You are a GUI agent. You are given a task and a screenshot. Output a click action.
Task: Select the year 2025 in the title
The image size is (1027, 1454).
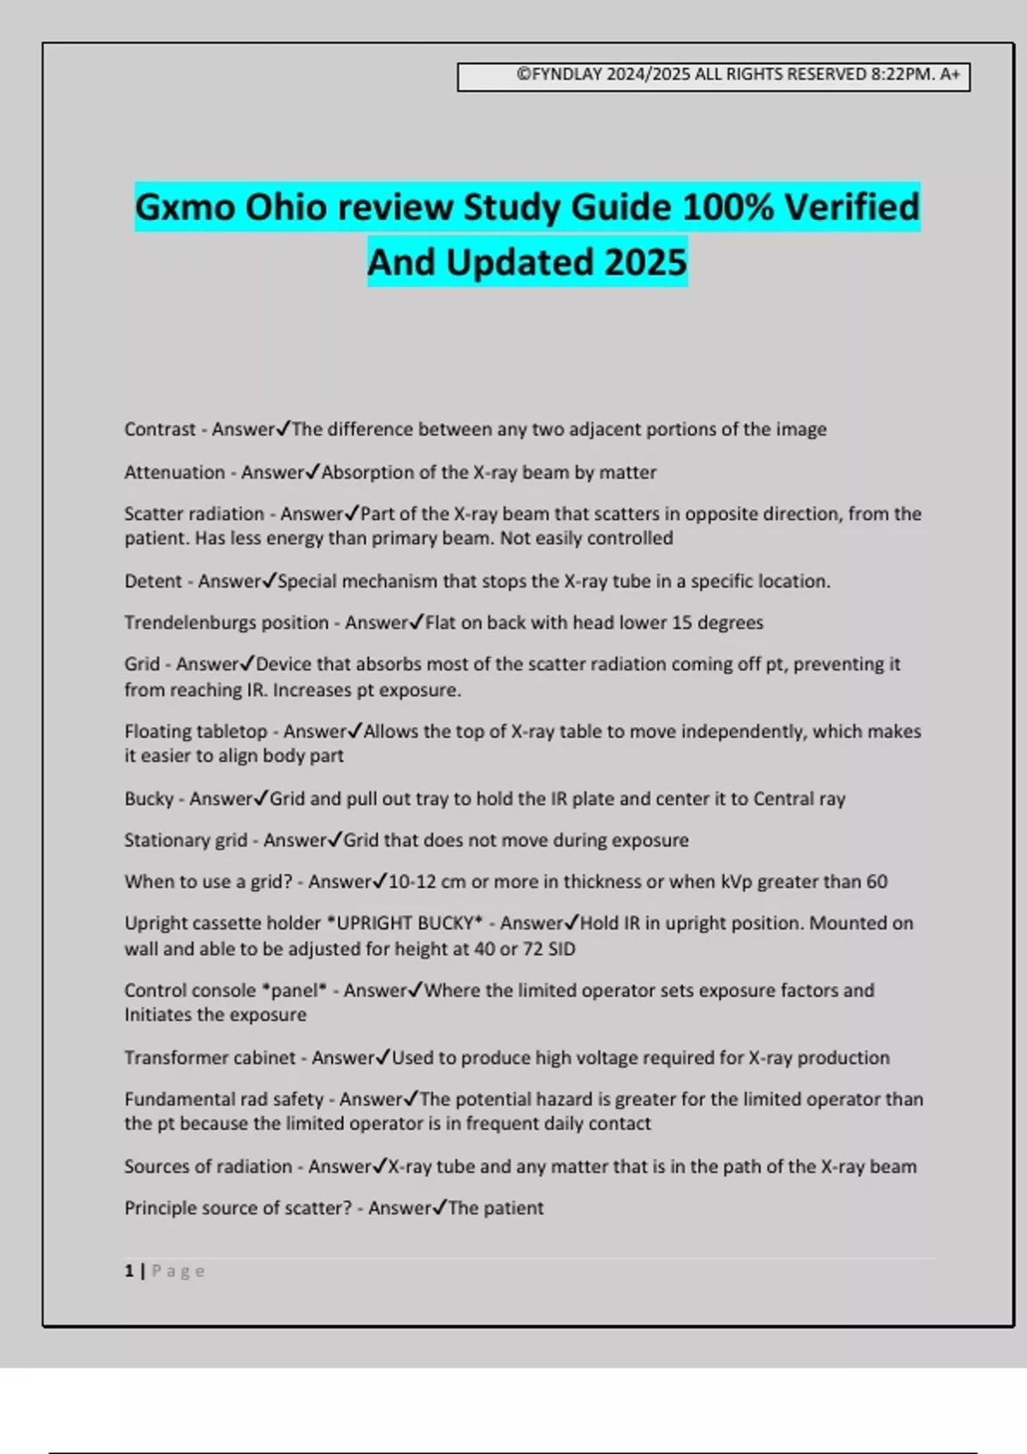pos(644,263)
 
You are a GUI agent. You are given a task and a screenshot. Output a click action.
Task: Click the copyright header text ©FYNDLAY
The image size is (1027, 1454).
pos(560,74)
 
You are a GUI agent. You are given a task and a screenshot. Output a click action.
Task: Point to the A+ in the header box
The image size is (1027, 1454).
pos(950,74)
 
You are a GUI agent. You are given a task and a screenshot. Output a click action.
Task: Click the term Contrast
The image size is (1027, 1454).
pos(159,429)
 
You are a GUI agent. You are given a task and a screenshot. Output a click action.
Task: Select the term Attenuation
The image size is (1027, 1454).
pos(174,472)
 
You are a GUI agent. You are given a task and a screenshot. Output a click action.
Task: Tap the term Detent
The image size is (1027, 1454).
pos(152,582)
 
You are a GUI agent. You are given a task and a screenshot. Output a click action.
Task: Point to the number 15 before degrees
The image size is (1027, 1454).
pos(681,623)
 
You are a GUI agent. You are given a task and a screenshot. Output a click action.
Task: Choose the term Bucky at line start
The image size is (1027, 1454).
pos(149,799)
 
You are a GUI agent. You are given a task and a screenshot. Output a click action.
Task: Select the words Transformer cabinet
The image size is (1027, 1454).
pos(210,1058)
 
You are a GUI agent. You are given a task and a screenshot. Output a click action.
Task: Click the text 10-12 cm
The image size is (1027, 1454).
pos(427,882)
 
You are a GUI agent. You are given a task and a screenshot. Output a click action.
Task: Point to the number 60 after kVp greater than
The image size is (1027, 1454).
pos(876,882)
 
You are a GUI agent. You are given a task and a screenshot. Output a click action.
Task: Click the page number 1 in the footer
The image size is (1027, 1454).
pos(129,1271)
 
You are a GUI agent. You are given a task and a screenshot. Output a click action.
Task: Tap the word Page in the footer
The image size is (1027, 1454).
pos(178,1271)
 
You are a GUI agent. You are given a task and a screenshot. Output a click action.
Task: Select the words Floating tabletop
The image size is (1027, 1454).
pos(195,732)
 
